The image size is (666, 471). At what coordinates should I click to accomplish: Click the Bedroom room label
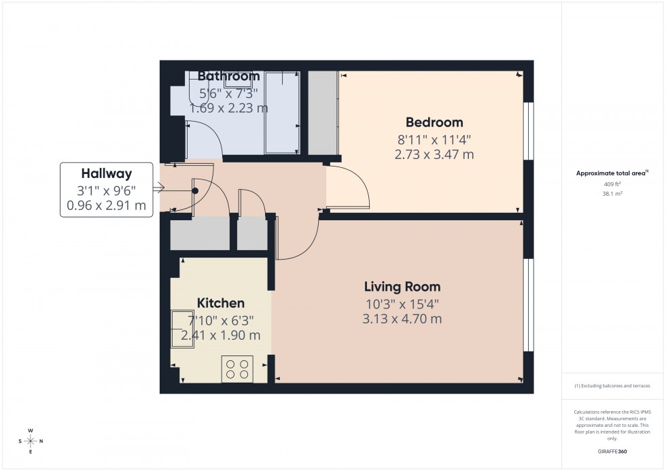(434, 122)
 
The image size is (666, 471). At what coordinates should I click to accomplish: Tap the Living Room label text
(402, 286)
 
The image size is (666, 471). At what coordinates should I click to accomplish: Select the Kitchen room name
(220, 303)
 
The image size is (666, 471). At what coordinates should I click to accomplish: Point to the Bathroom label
(228, 76)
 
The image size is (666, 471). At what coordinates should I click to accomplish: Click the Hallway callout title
(107, 173)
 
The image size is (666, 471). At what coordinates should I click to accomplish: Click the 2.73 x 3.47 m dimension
(434, 154)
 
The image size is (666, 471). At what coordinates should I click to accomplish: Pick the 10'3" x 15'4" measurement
(402, 302)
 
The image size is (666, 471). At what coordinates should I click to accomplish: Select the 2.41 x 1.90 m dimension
(220, 335)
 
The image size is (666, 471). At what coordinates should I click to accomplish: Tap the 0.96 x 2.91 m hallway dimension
(107, 205)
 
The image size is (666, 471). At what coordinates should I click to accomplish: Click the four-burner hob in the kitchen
(237, 369)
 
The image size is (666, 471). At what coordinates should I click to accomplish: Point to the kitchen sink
(181, 328)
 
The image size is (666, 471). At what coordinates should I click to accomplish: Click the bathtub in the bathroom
(282, 112)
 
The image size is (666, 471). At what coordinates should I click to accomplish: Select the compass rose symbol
(31, 441)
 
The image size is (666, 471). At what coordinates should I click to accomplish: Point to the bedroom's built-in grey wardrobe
(323, 112)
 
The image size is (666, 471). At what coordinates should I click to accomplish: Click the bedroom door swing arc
(357, 187)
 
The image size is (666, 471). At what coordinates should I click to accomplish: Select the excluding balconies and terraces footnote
(612, 385)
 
